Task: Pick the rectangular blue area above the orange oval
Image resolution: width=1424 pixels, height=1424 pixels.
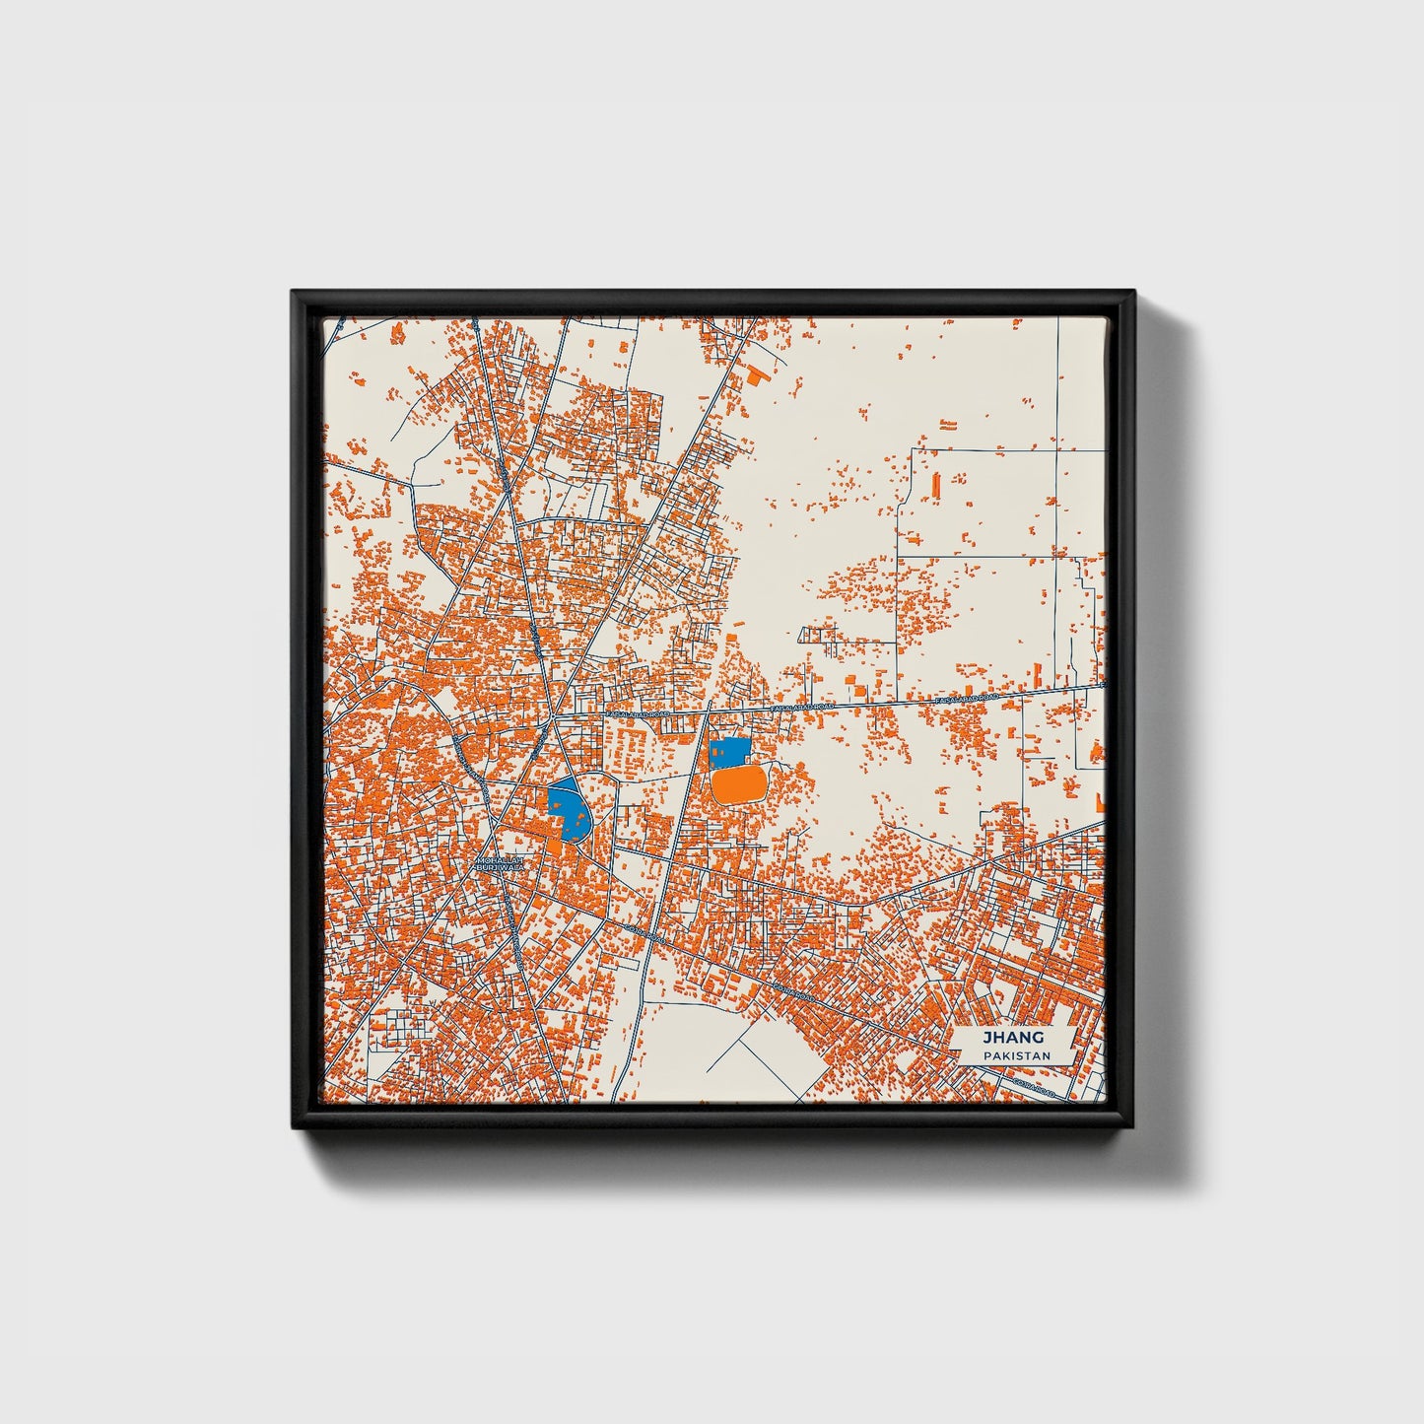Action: (x=729, y=754)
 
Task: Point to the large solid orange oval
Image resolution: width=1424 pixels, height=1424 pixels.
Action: (x=738, y=785)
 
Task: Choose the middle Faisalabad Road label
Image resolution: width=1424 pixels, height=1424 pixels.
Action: (x=804, y=708)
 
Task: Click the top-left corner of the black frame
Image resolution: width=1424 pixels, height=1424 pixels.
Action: (x=294, y=292)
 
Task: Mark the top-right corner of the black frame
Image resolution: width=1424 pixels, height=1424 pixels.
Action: (x=1133, y=292)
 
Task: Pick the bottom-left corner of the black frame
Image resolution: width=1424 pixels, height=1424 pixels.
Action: (x=294, y=1128)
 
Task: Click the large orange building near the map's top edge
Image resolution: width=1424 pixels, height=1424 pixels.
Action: (x=756, y=375)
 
